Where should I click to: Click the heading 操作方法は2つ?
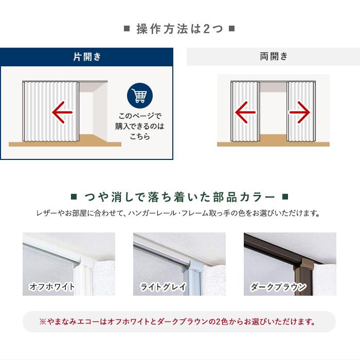(179, 29)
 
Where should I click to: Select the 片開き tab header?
(87, 57)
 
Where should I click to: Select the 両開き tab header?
(274, 57)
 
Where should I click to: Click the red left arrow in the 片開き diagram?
(62, 112)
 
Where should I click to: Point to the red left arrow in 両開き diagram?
(245, 112)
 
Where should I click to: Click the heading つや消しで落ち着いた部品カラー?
(179, 197)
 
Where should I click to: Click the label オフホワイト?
(52, 287)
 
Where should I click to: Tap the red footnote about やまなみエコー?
(179, 322)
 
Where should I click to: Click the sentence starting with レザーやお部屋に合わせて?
(179, 212)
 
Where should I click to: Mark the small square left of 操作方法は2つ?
(127, 29)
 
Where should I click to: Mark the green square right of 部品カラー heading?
(286, 197)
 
